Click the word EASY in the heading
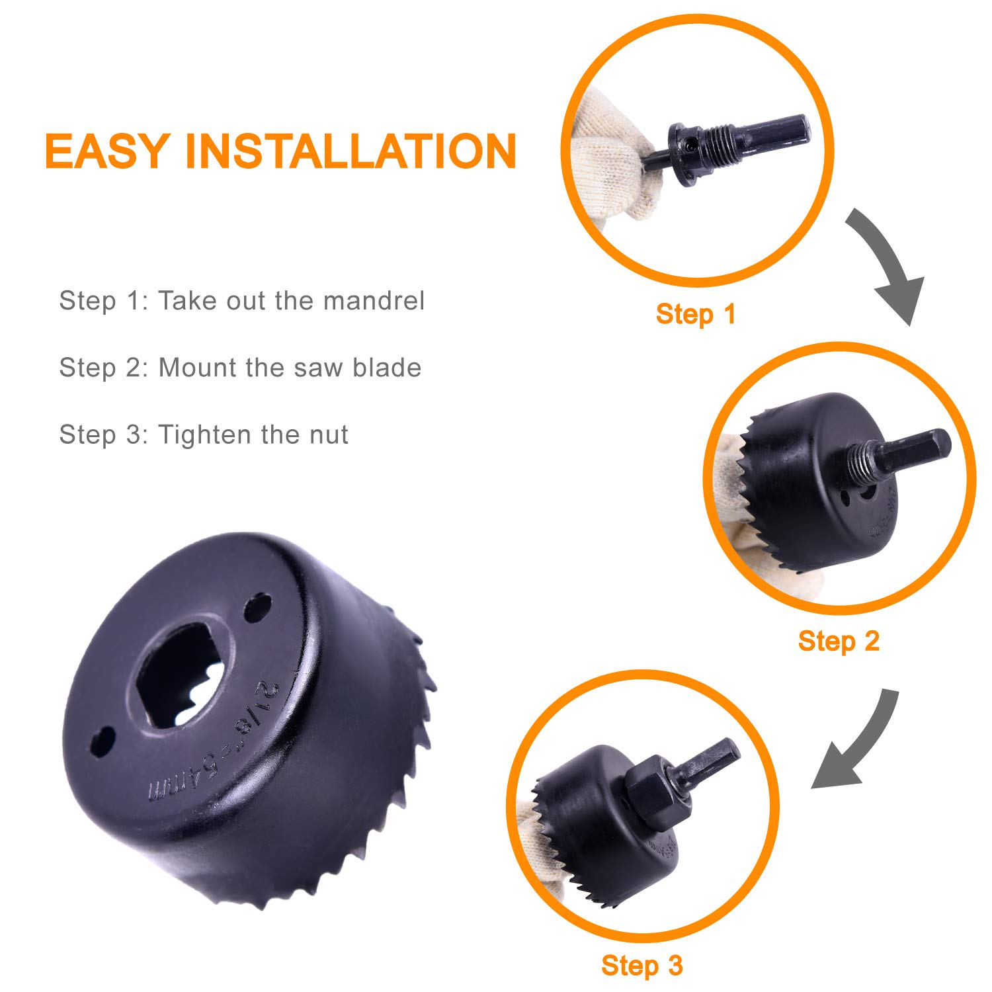tap(106, 151)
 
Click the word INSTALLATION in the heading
tap(351, 151)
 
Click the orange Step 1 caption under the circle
tap(695, 314)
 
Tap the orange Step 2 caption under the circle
tap(839, 641)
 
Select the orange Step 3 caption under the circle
tap(641, 966)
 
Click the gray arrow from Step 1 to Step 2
tap(886, 265)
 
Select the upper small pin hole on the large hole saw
tap(257, 607)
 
